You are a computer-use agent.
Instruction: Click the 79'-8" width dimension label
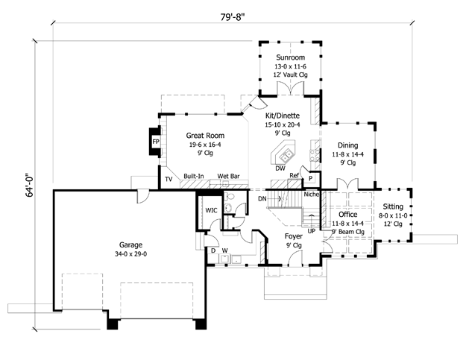(233, 17)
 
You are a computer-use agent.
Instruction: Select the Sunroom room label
(290, 57)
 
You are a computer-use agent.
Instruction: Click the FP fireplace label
(156, 142)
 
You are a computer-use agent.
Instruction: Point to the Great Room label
(205, 136)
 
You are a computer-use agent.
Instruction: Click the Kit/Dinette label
(283, 116)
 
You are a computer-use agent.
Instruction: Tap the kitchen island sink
(286, 155)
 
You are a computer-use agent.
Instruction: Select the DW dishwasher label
(280, 168)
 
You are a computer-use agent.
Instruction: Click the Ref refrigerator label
(294, 175)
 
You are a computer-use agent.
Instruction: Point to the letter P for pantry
(311, 179)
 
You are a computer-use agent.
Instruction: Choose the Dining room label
(347, 145)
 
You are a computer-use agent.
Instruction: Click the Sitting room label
(393, 206)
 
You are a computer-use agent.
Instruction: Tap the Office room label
(347, 215)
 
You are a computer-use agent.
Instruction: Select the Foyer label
(294, 236)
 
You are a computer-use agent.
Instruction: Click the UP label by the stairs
(311, 231)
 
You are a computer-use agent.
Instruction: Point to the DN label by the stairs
(262, 199)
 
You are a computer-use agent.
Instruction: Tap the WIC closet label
(211, 210)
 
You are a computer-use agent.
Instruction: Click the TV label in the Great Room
(169, 179)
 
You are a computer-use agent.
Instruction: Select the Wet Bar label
(228, 176)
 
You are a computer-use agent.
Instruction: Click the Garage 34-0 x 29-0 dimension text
(130, 254)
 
